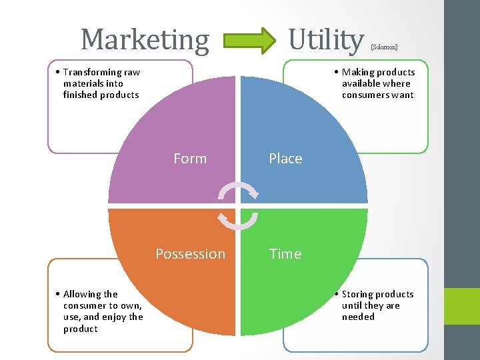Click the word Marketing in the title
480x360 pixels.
145,40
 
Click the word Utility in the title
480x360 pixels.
326,40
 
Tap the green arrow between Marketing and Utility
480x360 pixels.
249,39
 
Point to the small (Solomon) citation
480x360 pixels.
384,47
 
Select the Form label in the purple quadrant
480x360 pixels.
190,159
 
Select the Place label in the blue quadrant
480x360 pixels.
285,159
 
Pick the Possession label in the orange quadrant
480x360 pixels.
190,254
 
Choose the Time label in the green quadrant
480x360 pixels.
285,254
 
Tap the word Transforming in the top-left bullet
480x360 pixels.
93,72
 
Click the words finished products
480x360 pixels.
101,95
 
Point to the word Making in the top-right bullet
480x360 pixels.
359,72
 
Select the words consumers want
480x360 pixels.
378,95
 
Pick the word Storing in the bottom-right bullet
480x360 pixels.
360,294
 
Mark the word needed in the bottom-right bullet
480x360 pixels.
358,317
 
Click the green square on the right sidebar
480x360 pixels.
462,306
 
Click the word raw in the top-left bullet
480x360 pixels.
132,72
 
